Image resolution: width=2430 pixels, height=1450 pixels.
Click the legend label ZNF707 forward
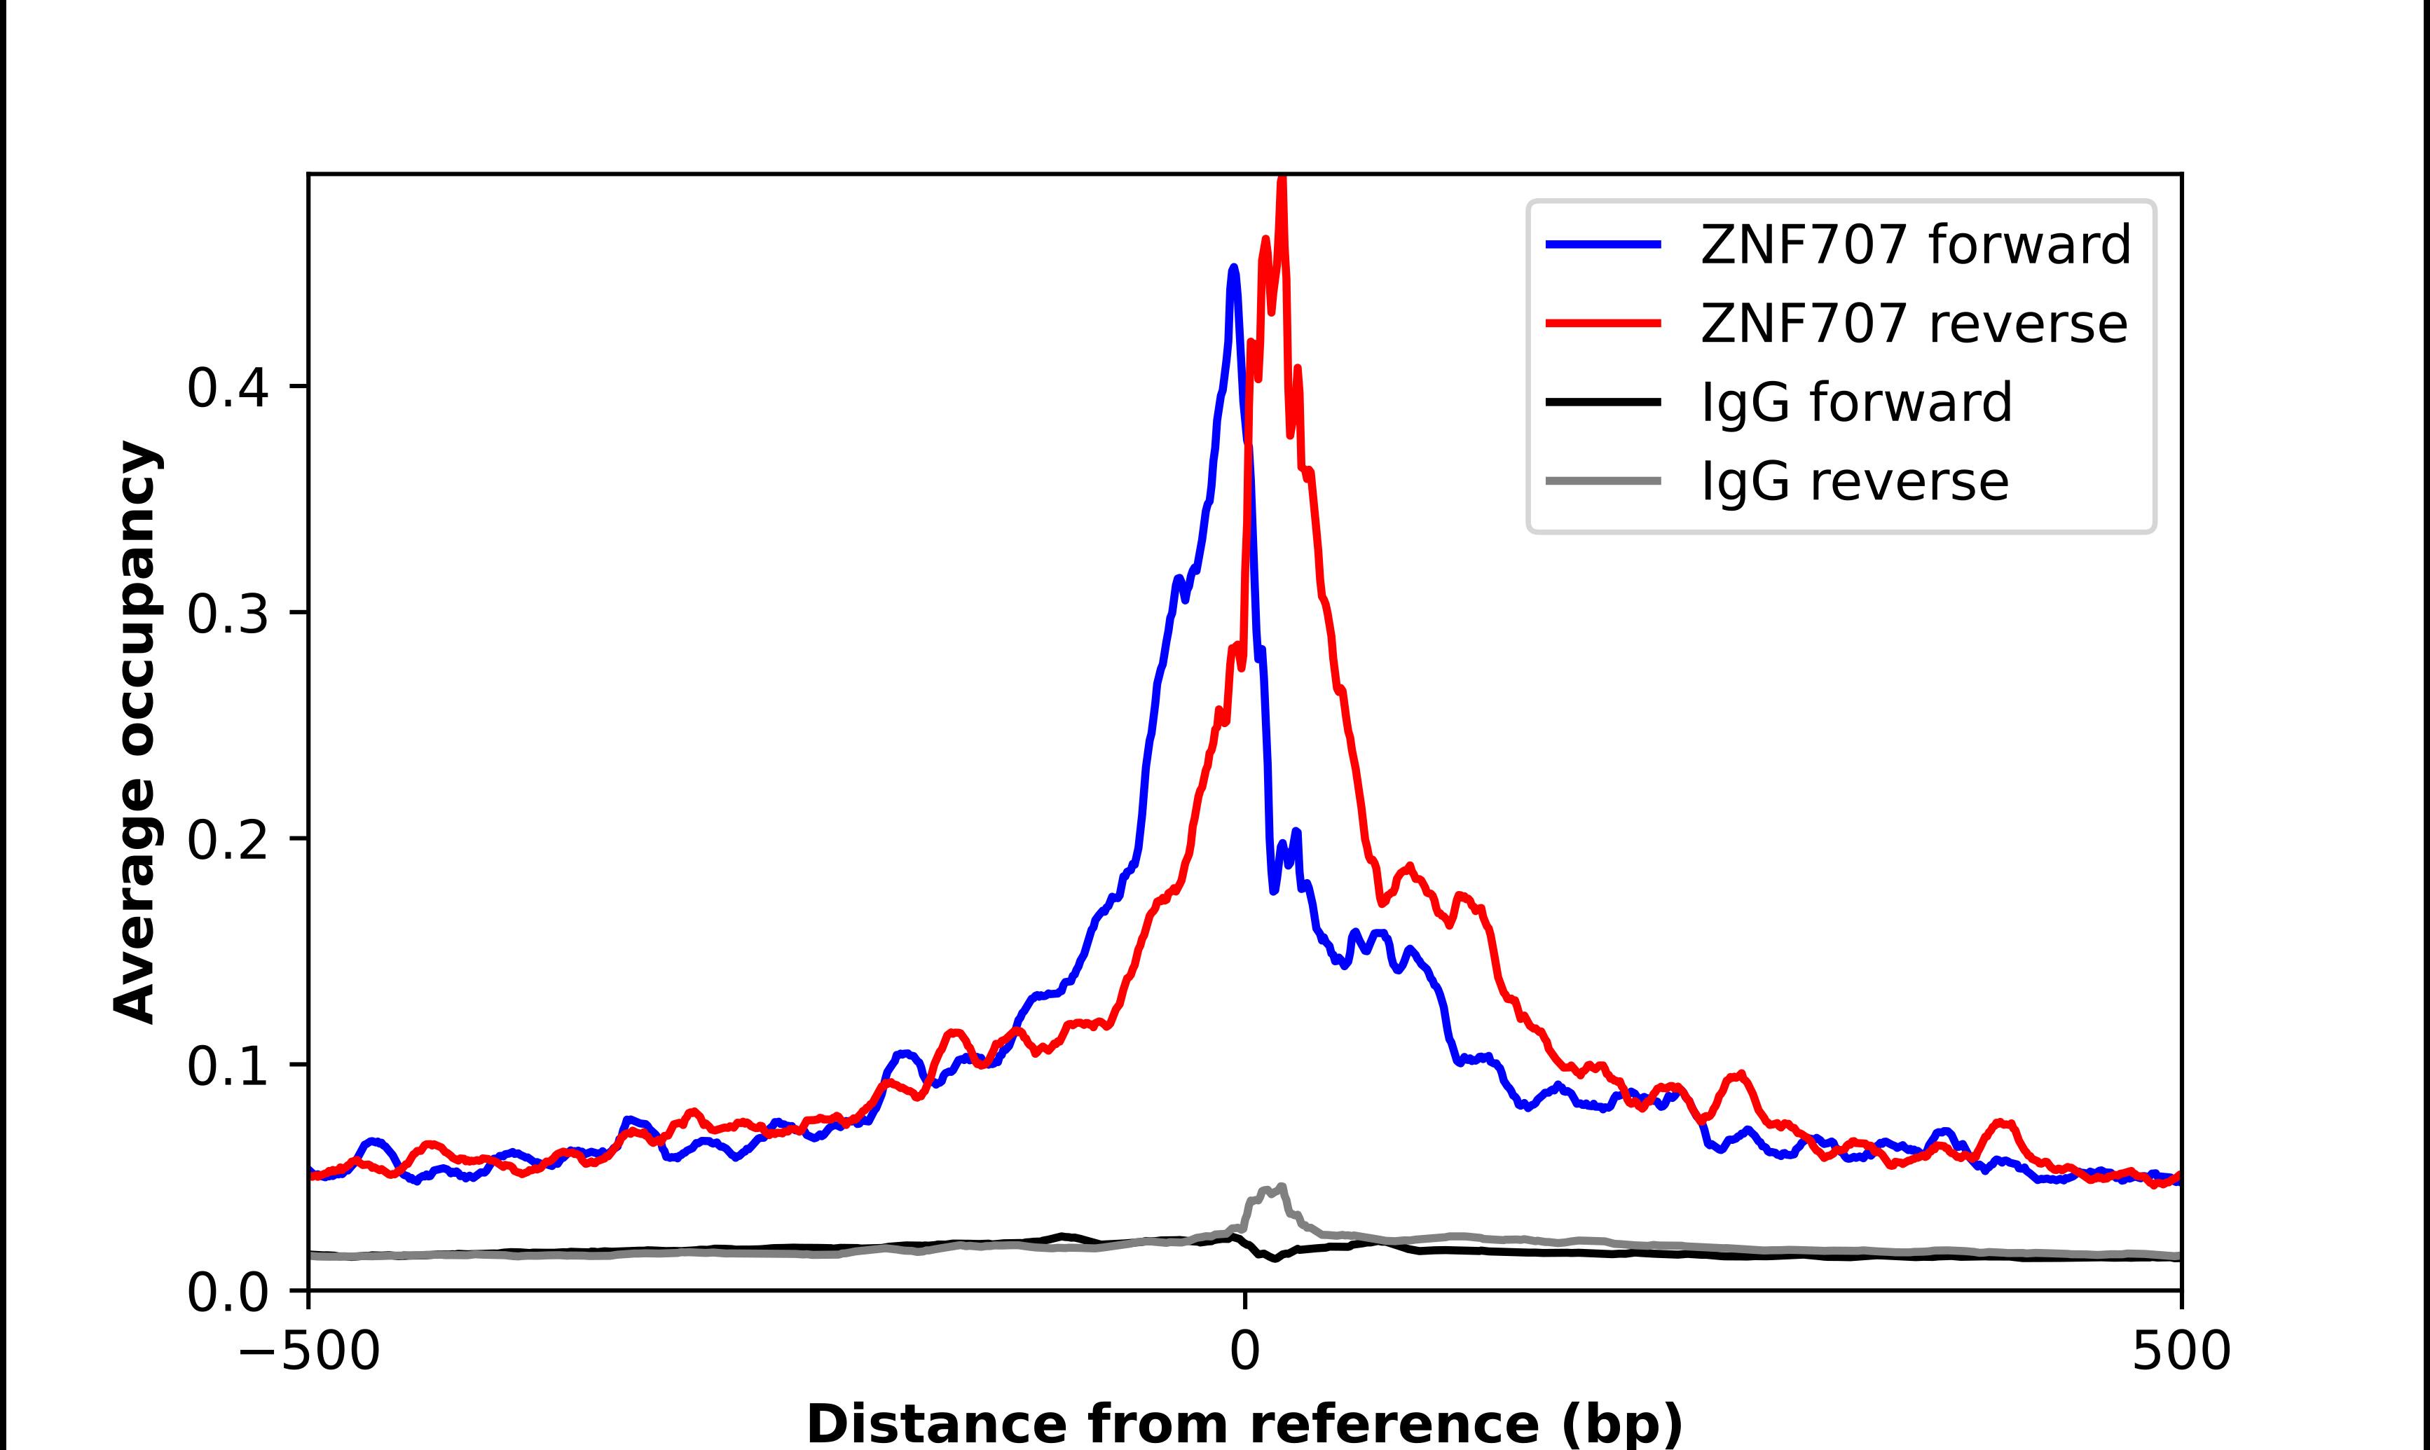point(1915,244)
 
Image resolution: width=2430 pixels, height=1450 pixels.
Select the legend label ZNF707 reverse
point(1913,324)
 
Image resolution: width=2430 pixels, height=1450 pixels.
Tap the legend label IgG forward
point(1856,403)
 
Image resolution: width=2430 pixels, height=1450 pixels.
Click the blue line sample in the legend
point(1603,244)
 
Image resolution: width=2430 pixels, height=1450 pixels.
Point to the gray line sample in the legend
point(1603,481)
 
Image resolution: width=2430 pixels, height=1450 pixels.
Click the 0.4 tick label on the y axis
point(228,388)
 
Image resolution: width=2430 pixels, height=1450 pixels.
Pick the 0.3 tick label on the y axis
point(228,614)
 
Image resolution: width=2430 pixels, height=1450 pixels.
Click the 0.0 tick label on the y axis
point(228,1292)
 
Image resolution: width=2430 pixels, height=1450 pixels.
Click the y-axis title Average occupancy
point(135,732)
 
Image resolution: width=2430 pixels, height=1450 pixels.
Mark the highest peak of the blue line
point(1234,269)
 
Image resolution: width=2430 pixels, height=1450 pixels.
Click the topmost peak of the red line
point(1282,181)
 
